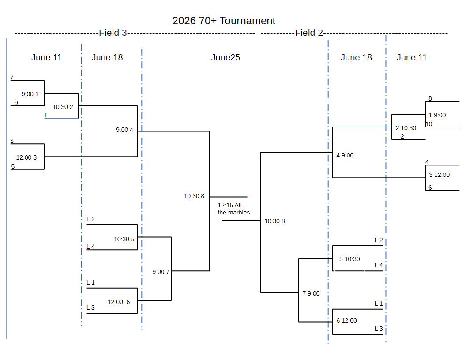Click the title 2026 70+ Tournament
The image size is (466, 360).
pyautogui.click(x=224, y=21)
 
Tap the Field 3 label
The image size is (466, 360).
pyautogui.click(x=113, y=33)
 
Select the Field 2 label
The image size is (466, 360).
pyautogui.click(x=309, y=33)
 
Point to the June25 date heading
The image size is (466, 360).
pyautogui.click(x=225, y=57)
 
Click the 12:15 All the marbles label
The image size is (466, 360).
pyautogui.click(x=233, y=209)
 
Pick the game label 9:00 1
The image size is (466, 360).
pyautogui.click(x=30, y=94)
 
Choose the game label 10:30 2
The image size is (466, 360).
pyautogui.click(x=63, y=107)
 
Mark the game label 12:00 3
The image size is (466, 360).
pyautogui.click(x=26, y=158)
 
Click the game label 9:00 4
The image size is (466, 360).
pyautogui.click(x=124, y=130)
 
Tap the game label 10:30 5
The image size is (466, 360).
pyautogui.click(x=124, y=239)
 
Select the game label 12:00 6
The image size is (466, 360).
pyautogui.click(x=119, y=302)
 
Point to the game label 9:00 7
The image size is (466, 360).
pyautogui.click(x=161, y=272)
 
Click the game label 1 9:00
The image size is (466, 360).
pyautogui.click(x=437, y=115)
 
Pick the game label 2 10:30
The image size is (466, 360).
pyautogui.click(x=406, y=128)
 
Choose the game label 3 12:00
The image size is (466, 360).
pyautogui.click(x=439, y=175)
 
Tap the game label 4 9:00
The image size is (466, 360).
pyautogui.click(x=345, y=155)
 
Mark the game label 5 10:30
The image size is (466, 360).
pyautogui.click(x=349, y=259)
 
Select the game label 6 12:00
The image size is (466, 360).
pyautogui.click(x=346, y=320)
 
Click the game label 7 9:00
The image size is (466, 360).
pyautogui.click(x=311, y=293)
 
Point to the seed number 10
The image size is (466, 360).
pyautogui.click(x=429, y=124)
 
